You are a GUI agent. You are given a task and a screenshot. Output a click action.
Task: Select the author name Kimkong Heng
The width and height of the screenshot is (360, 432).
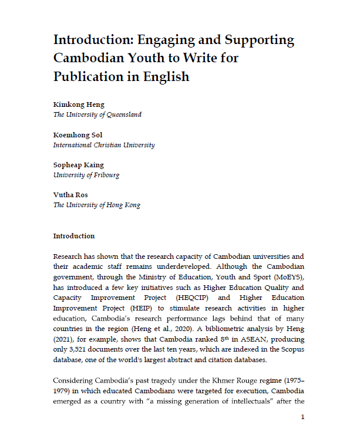pyautogui.click(x=79, y=105)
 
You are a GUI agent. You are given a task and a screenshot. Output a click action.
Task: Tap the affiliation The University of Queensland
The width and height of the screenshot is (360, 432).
pyautogui.click(x=97, y=115)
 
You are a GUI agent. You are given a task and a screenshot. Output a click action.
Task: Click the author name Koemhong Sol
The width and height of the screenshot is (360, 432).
pyautogui.click(x=78, y=135)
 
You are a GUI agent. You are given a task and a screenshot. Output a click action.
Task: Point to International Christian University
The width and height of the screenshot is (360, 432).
pyautogui.click(x=104, y=145)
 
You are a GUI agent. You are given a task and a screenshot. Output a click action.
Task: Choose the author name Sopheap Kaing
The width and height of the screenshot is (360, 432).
pyautogui.click(x=79, y=166)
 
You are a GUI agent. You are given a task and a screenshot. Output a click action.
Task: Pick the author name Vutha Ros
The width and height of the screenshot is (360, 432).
pyautogui.click(x=70, y=195)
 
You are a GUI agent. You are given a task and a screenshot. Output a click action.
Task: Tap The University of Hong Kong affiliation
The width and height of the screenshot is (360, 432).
pyautogui.click(x=97, y=205)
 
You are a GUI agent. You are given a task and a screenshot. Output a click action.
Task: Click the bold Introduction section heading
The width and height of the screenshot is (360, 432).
pyautogui.click(x=73, y=236)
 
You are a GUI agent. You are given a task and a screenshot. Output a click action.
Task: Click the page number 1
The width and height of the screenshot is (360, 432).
pyautogui.click(x=302, y=417)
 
